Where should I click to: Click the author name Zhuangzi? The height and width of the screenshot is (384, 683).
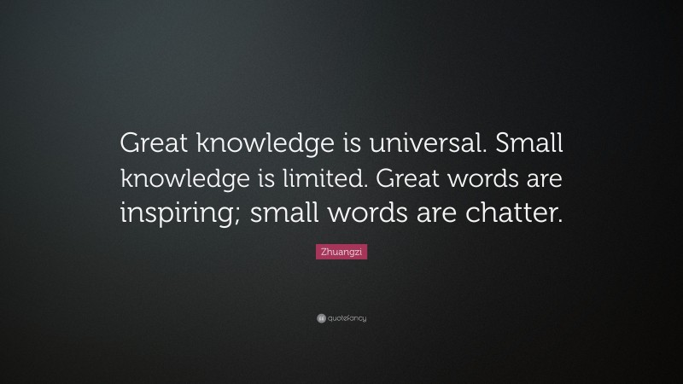point(341,253)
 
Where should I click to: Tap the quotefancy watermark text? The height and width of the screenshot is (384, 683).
point(346,318)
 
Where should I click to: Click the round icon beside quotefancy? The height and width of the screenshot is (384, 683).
point(321,318)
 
